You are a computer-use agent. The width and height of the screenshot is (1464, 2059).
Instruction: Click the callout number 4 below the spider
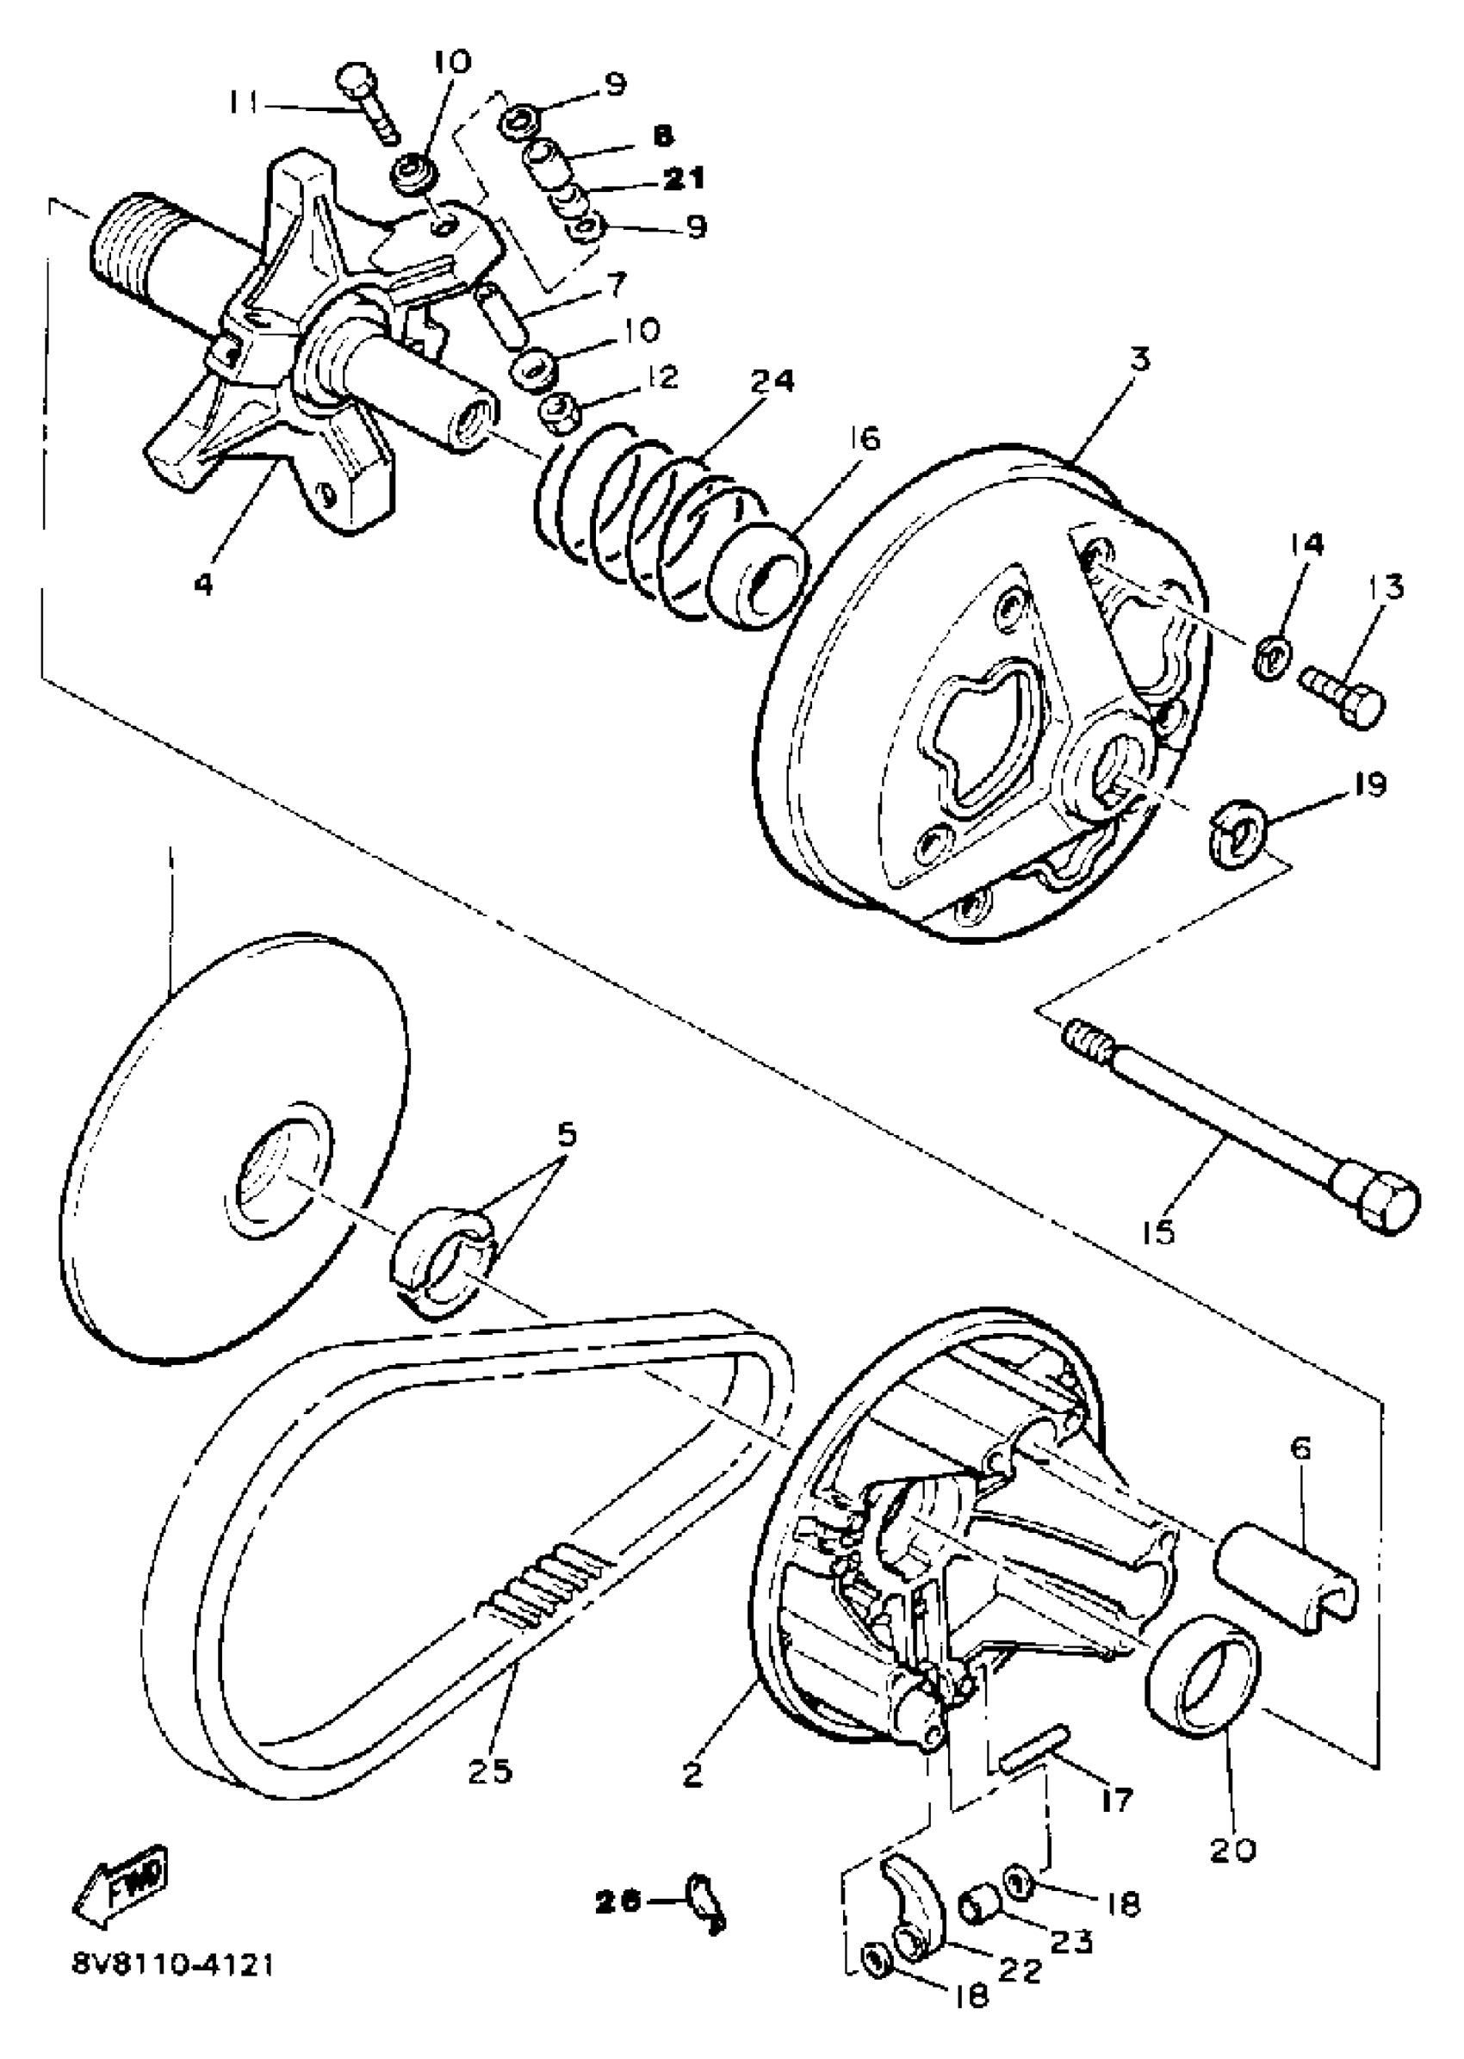[x=204, y=584]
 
